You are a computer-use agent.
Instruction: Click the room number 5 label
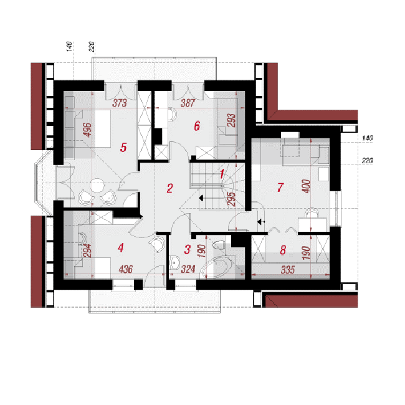(x=123, y=148)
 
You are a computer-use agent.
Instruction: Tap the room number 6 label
(x=197, y=126)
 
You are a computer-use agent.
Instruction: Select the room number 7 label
(x=280, y=188)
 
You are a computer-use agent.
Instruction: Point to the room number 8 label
(x=283, y=250)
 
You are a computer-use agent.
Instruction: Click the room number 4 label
(x=121, y=248)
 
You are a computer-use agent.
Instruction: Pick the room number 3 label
(x=188, y=249)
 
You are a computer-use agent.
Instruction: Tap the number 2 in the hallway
(x=169, y=188)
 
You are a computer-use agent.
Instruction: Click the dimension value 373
(x=120, y=103)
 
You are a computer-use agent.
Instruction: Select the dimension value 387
(x=188, y=103)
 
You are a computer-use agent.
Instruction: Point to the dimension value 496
(x=88, y=130)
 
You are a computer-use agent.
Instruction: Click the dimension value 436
(x=126, y=269)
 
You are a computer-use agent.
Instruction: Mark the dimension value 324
(x=188, y=269)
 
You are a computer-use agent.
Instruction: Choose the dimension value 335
(x=288, y=270)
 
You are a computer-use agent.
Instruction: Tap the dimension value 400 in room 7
(x=307, y=186)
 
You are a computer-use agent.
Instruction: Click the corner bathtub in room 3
(x=218, y=267)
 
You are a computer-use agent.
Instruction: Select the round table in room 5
(x=97, y=186)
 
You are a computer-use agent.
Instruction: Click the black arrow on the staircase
(x=201, y=198)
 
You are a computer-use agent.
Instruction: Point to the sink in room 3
(x=174, y=263)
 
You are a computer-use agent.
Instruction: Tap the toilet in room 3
(x=219, y=245)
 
